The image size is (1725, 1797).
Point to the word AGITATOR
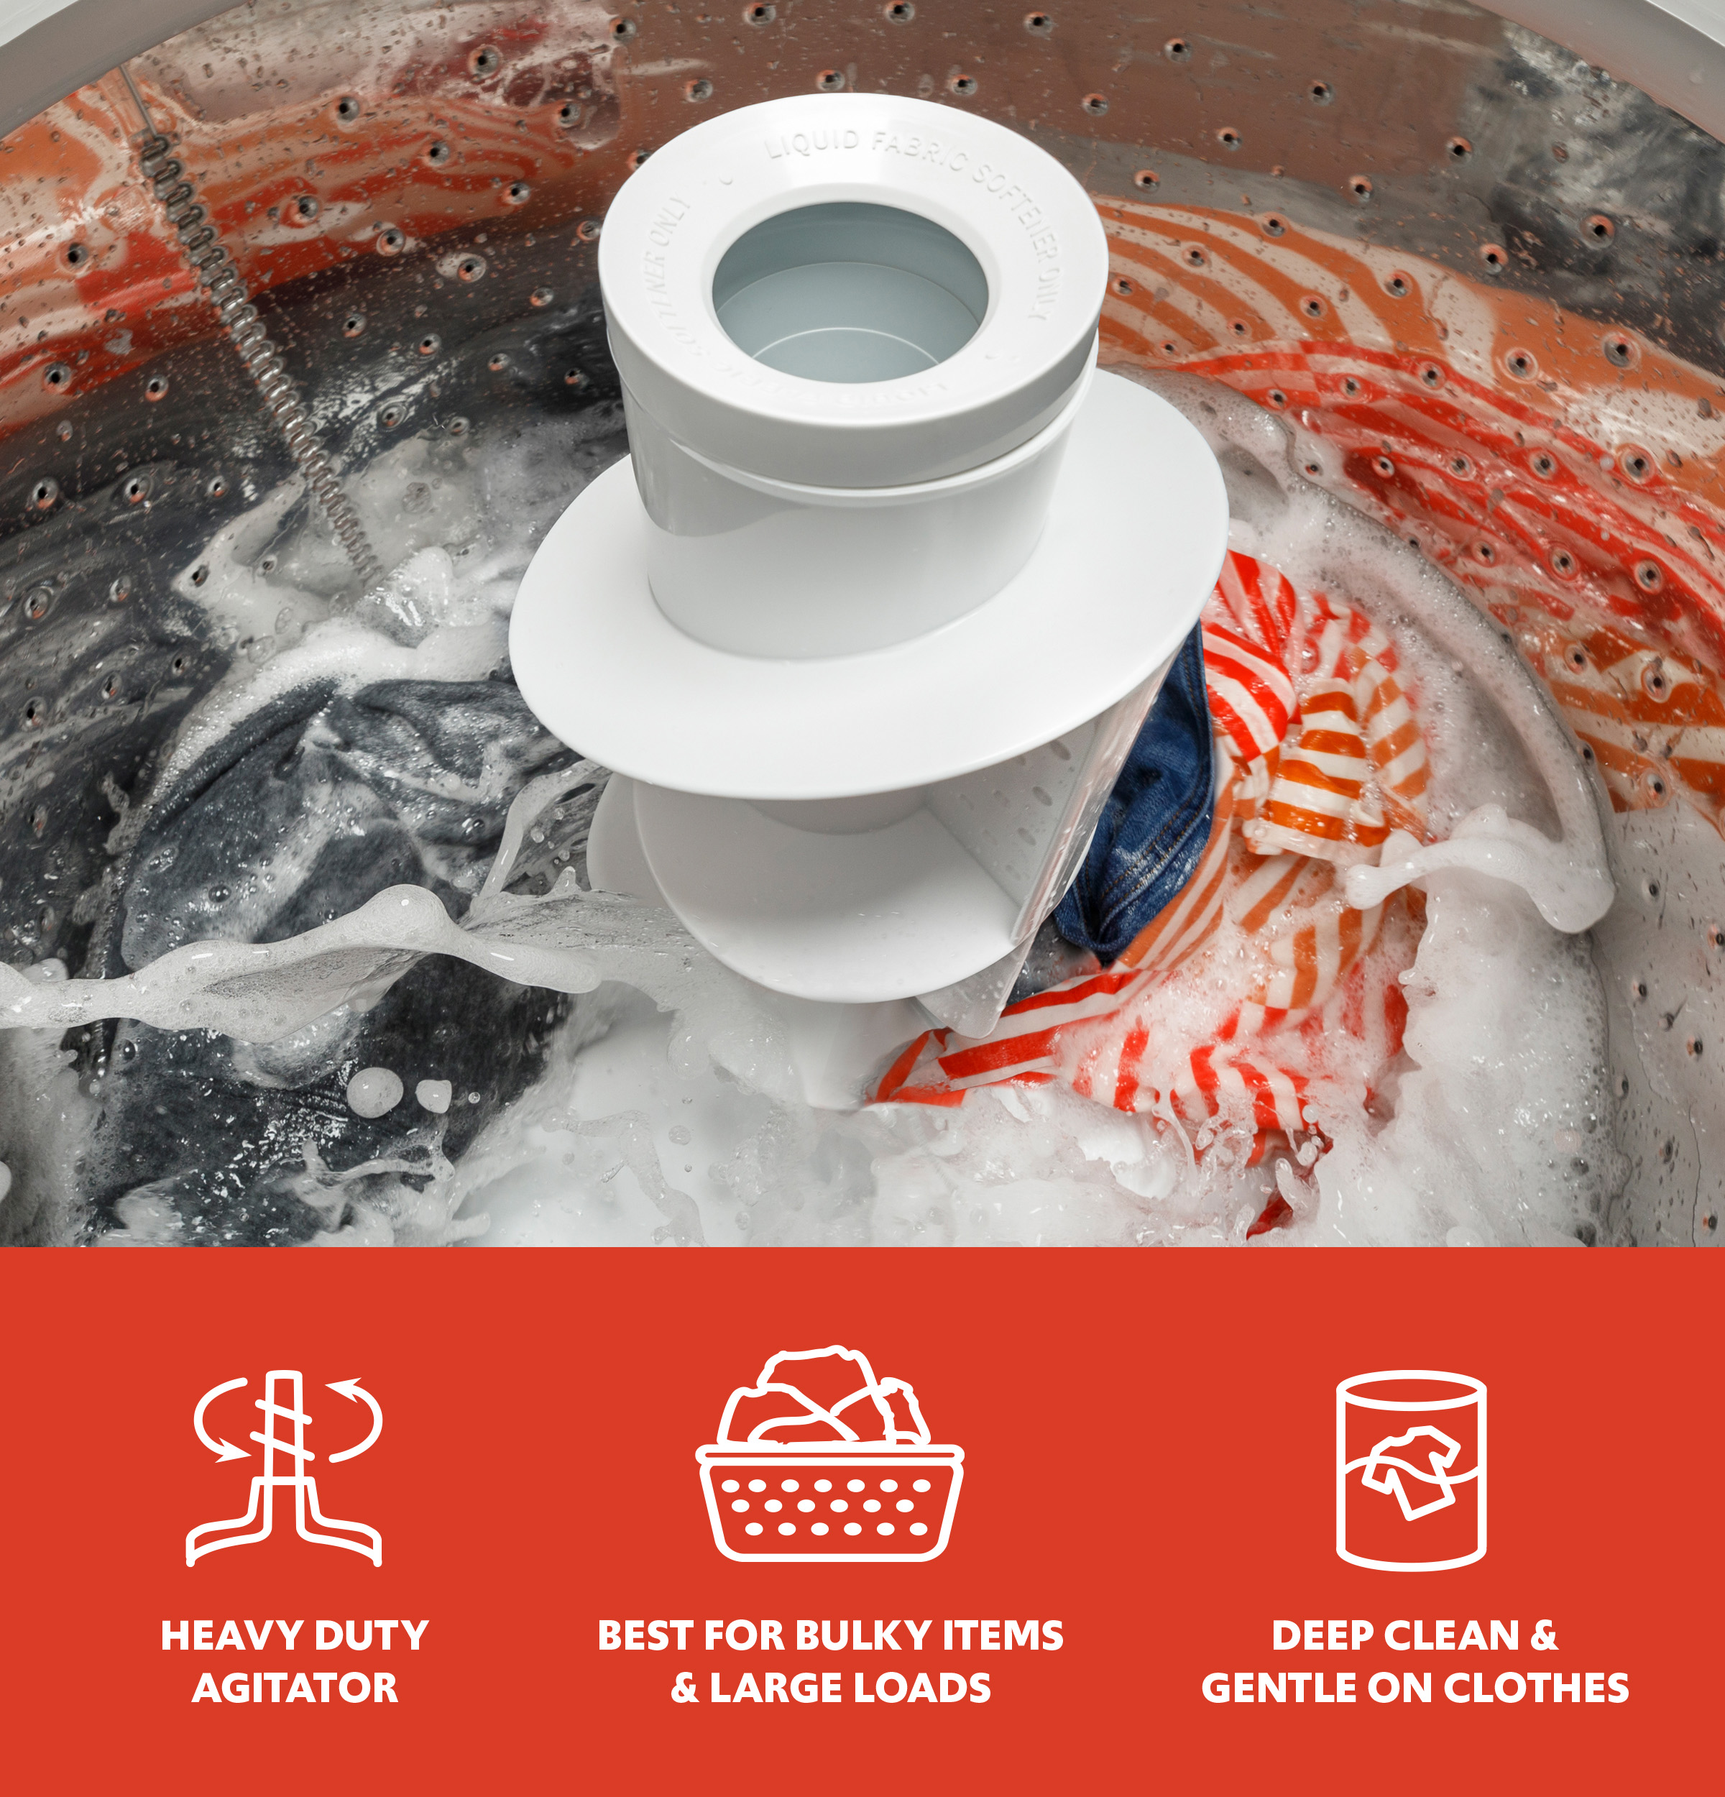point(295,1688)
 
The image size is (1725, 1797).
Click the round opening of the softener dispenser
point(850,284)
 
